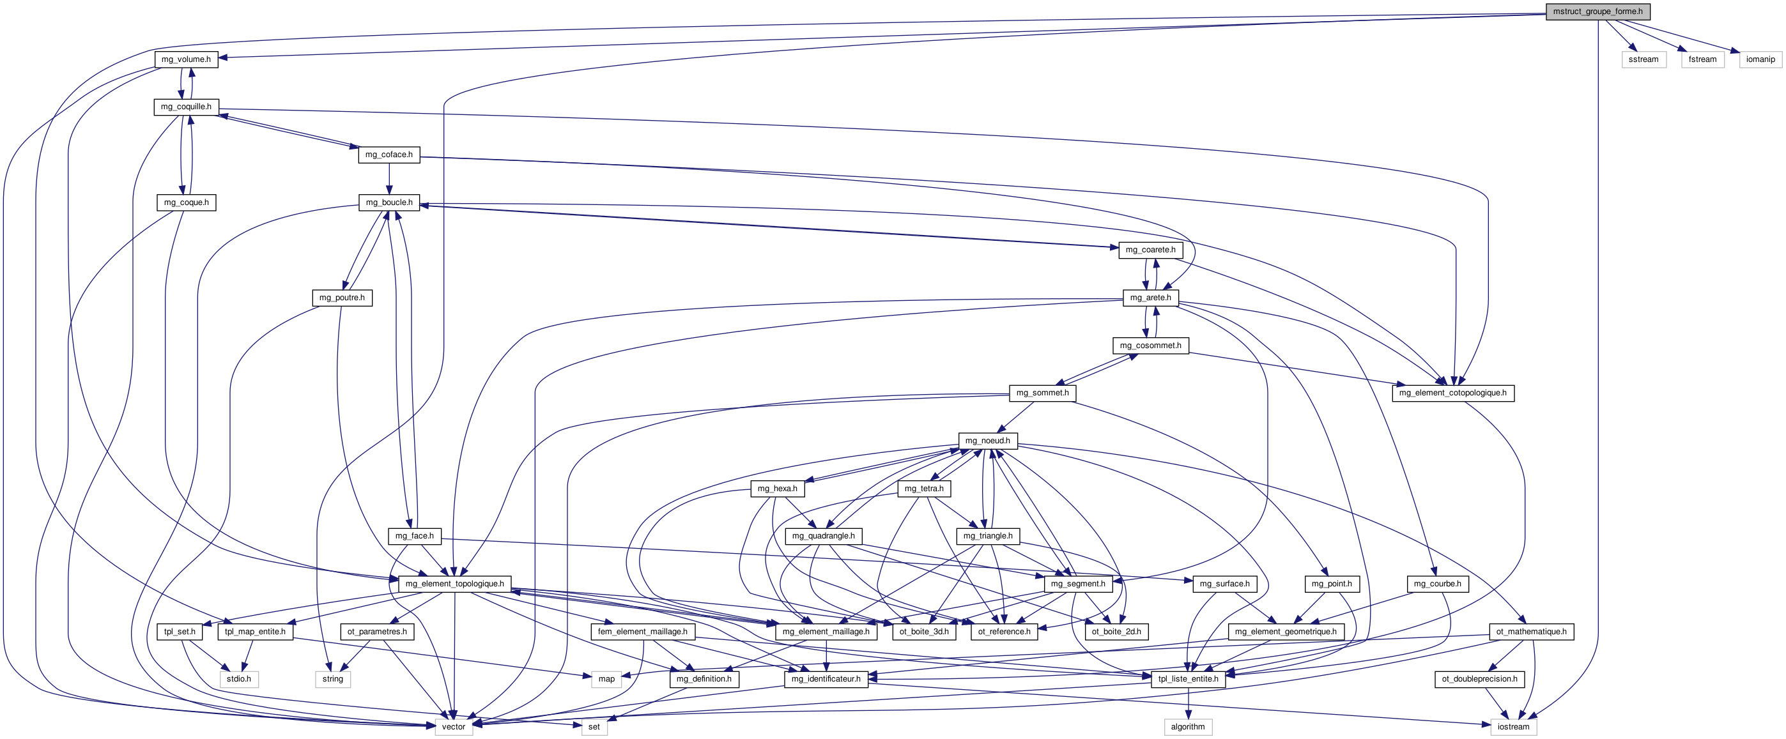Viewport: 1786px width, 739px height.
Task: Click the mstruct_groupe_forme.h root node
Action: pyautogui.click(x=1597, y=11)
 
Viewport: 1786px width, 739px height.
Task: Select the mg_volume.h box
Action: pyautogui.click(x=186, y=59)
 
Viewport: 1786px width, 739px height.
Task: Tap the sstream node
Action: pyautogui.click(x=1643, y=59)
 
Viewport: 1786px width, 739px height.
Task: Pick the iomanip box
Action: pyautogui.click(x=1760, y=59)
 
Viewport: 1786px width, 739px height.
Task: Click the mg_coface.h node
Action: pyautogui.click(x=389, y=155)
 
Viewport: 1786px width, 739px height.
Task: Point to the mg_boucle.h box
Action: pyautogui.click(x=389, y=202)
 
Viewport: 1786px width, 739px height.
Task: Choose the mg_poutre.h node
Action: pyautogui.click(x=342, y=298)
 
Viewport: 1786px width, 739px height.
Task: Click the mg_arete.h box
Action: pyautogui.click(x=1150, y=298)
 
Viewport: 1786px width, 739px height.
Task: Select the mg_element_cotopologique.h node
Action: pyautogui.click(x=1452, y=393)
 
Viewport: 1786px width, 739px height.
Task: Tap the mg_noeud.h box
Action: pyautogui.click(x=987, y=441)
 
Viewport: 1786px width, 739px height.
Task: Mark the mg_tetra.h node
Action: pyautogui.click(x=923, y=489)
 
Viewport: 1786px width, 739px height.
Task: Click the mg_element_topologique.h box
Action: pyautogui.click(x=455, y=584)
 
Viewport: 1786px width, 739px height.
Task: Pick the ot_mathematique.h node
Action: pyautogui.click(x=1531, y=632)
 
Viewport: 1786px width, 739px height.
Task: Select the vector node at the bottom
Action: pyautogui.click(x=454, y=726)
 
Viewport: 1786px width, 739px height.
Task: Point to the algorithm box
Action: pyautogui.click(x=1188, y=726)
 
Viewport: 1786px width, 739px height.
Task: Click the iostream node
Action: pyautogui.click(x=1513, y=726)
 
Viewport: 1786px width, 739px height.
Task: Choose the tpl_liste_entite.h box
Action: pyautogui.click(x=1189, y=679)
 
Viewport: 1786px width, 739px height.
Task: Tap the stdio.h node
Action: pyautogui.click(x=239, y=679)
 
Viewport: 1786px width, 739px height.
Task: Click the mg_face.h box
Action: pyautogui.click(x=414, y=536)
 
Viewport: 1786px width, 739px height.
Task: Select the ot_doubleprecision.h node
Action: pyautogui.click(x=1479, y=679)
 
